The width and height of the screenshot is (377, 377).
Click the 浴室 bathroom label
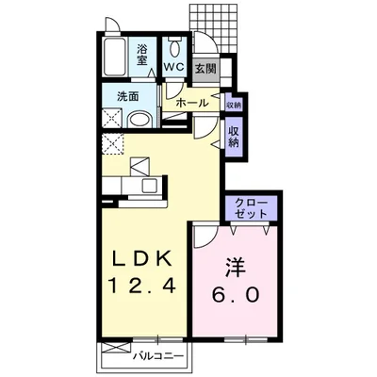[142, 55]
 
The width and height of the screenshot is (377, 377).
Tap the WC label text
[174, 68]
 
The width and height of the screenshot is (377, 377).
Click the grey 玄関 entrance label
[205, 69]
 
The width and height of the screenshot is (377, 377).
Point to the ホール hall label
[191, 103]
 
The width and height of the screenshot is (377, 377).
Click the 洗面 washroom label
[128, 97]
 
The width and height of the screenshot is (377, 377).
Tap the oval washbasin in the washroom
[140, 120]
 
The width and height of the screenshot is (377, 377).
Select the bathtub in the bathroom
[115, 57]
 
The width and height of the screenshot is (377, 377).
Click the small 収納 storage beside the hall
[234, 105]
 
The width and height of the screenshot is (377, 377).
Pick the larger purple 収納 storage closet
[233, 137]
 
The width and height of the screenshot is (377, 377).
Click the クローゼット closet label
[252, 208]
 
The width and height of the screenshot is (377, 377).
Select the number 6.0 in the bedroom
[236, 294]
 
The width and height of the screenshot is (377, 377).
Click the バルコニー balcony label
[157, 356]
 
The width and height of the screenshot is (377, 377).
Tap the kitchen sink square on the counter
[149, 186]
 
